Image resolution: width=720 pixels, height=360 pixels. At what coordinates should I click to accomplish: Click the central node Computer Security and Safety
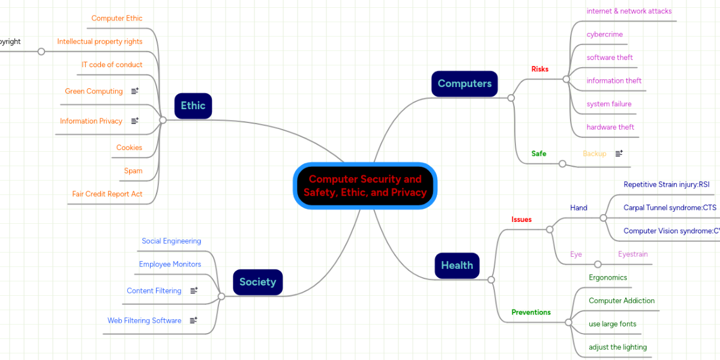(x=365, y=186)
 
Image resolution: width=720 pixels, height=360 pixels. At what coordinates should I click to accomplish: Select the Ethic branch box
(x=193, y=106)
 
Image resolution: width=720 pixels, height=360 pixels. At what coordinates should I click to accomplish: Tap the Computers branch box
(x=464, y=84)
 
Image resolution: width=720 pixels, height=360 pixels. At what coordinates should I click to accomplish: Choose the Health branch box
(x=457, y=266)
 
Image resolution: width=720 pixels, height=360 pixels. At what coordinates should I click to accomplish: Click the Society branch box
(x=257, y=282)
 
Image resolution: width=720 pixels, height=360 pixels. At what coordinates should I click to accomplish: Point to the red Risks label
(x=539, y=69)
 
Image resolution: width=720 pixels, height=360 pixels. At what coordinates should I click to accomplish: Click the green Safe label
(x=539, y=154)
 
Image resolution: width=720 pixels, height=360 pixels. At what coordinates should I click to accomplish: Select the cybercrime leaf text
(x=604, y=35)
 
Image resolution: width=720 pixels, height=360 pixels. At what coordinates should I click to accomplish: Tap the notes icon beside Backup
(x=619, y=154)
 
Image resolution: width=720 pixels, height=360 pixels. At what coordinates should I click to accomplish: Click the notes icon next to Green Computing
(x=135, y=91)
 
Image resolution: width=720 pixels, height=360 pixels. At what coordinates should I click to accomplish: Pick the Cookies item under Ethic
(x=129, y=148)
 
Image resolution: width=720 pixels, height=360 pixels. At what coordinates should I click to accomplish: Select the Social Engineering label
(x=171, y=241)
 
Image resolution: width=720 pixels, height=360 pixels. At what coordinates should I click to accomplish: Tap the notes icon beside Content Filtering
(x=194, y=291)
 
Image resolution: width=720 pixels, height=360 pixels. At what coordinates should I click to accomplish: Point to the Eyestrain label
(x=632, y=254)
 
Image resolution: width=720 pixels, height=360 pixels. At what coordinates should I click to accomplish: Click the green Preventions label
(x=530, y=313)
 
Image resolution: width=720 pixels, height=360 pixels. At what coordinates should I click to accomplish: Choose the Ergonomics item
(x=607, y=278)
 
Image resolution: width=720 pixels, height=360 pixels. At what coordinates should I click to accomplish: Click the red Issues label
(x=521, y=220)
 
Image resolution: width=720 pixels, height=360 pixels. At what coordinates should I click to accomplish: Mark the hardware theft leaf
(x=610, y=127)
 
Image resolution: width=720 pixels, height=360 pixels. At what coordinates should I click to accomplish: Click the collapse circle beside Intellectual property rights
(x=41, y=52)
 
